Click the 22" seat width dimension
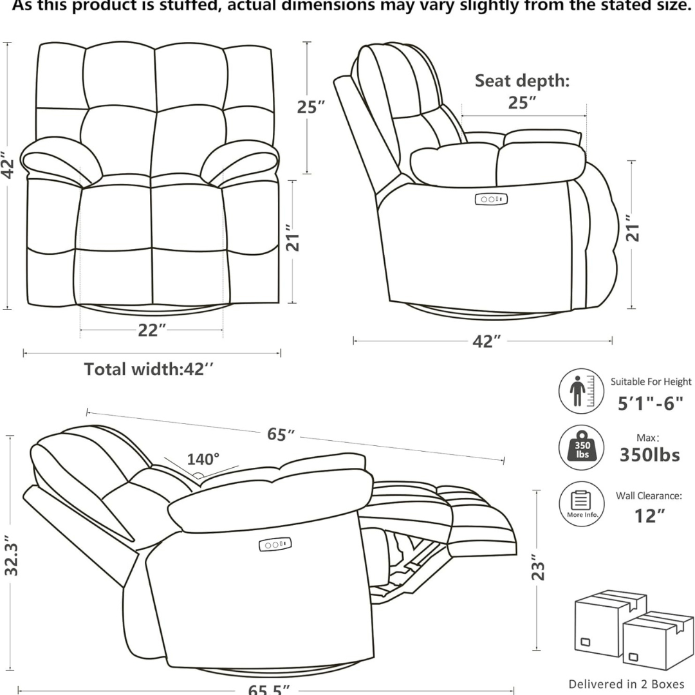coord(152,330)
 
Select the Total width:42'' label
coord(149,369)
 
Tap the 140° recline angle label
coord(203,459)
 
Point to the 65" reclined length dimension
coord(281,434)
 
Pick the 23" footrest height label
coord(539,570)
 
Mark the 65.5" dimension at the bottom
coord(268,689)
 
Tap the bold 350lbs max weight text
coord(649,455)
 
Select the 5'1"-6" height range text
coord(650,403)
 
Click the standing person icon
coord(581,391)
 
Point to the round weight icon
coord(581,447)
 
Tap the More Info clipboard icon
coord(581,503)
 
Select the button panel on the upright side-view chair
coord(492,199)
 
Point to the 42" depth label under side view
coord(486,341)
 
